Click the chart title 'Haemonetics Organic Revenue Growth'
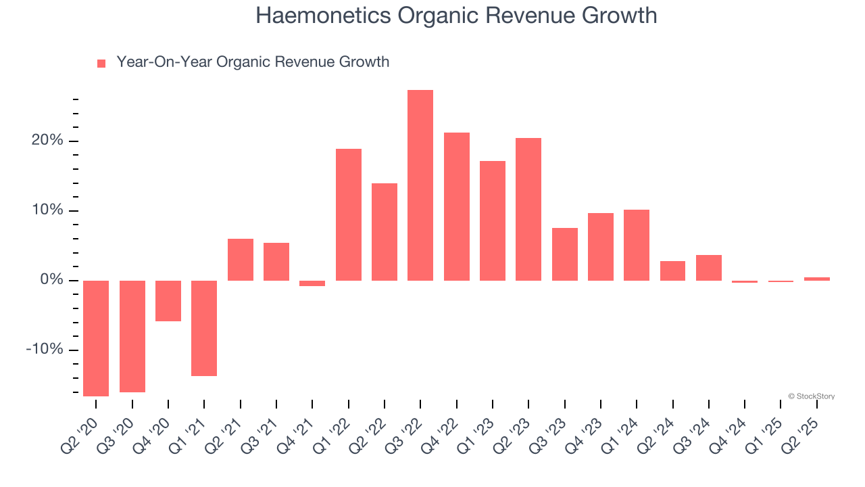(456, 15)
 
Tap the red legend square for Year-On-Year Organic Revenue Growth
(101, 63)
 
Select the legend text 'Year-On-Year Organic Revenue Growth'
(253, 62)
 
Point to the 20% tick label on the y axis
(45, 141)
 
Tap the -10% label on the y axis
(44, 350)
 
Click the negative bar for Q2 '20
(96, 338)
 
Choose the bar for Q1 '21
(204, 328)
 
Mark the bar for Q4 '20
(168, 301)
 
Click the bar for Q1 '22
(349, 214)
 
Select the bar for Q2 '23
(528, 209)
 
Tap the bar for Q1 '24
(637, 245)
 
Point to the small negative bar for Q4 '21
(312, 283)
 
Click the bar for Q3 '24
(709, 268)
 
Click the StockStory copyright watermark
(811, 396)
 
